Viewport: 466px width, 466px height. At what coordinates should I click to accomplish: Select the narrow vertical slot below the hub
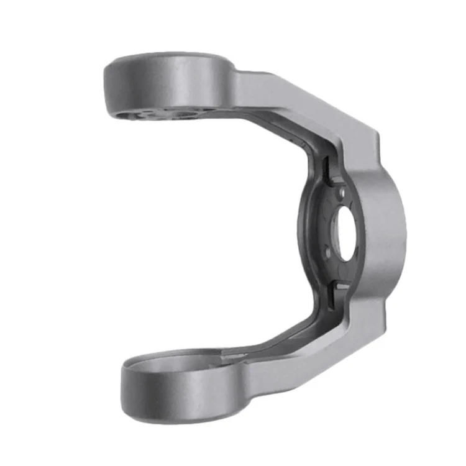(332, 295)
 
